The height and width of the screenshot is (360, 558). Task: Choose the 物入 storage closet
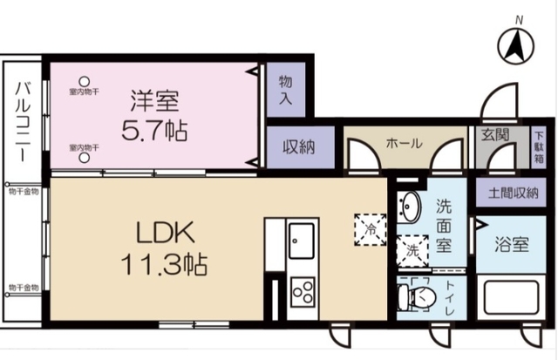coord(285,89)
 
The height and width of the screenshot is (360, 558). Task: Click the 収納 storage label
coord(298,147)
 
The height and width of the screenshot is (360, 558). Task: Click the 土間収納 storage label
coord(507,193)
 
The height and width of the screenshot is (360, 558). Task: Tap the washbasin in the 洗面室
coord(409,206)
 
